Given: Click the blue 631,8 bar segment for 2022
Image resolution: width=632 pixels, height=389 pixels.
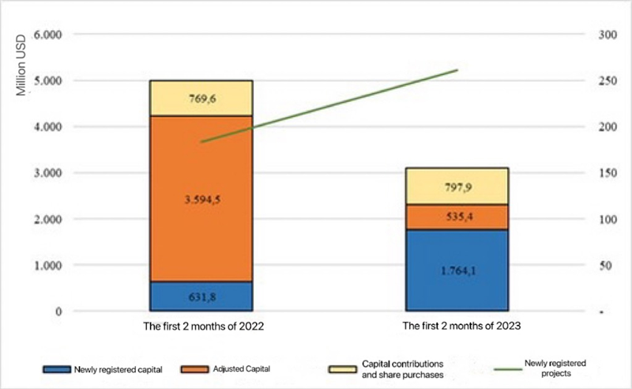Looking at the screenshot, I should (x=201, y=296).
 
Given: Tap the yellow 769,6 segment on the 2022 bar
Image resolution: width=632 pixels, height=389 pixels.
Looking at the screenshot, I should (x=201, y=98).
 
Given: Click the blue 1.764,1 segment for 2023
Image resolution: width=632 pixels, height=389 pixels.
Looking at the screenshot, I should (x=457, y=270).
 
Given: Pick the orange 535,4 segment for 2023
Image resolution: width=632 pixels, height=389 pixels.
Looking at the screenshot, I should (x=457, y=217).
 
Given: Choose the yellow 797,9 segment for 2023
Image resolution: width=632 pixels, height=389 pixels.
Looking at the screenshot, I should (x=457, y=186).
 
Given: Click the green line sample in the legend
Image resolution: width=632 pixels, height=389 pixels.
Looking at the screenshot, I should (x=501, y=368).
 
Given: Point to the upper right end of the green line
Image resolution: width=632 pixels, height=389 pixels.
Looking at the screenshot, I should (x=457, y=70).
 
